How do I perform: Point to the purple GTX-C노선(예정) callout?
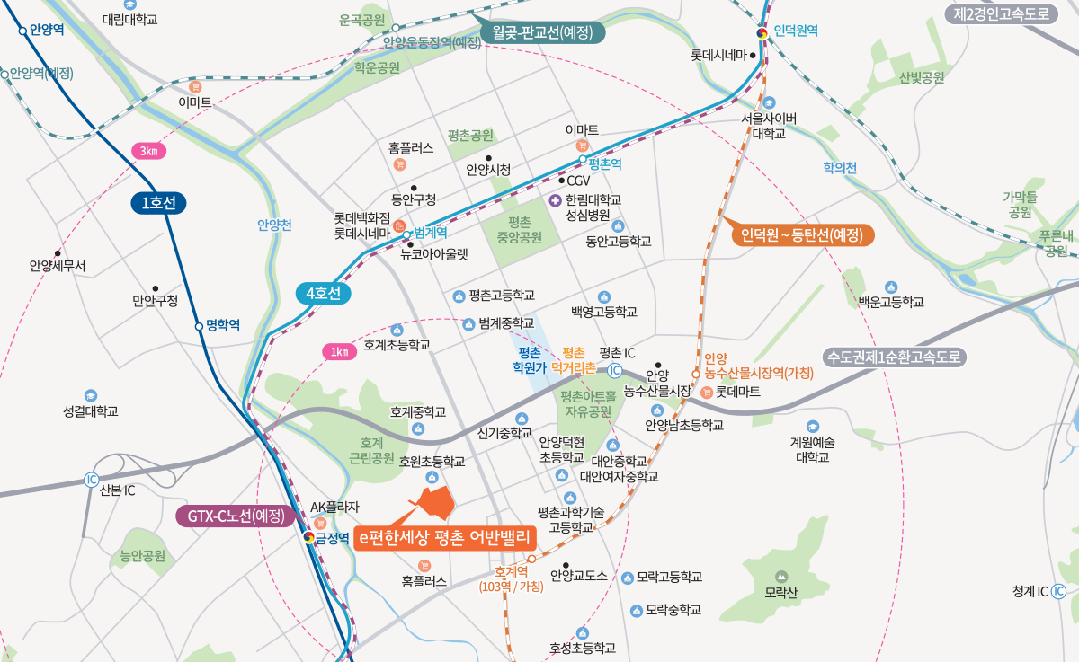point(236,516)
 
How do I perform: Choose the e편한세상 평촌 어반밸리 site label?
point(445,537)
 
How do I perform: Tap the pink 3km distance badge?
point(148,151)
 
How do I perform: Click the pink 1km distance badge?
point(339,351)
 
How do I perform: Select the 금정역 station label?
point(332,539)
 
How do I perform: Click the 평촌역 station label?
point(605,165)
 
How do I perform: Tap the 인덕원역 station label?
point(795,31)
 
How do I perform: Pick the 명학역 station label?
point(222,325)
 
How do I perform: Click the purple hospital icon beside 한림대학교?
point(555,199)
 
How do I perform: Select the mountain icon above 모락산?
point(780,576)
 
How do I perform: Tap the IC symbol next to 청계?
point(1058,591)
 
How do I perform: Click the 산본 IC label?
point(118,490)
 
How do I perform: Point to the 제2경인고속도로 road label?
point(1001,13)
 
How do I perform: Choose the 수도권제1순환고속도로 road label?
point(896,357)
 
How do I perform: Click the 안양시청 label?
point(488,169)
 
